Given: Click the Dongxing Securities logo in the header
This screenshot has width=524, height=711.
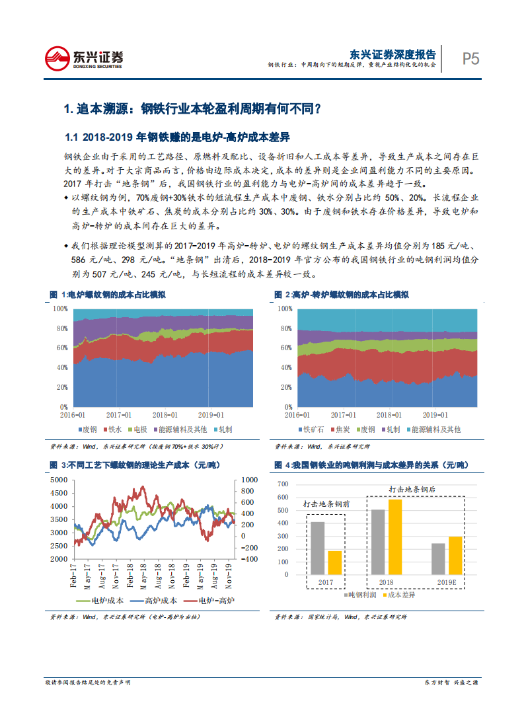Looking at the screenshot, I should pyautogui.click(x=84, y=59).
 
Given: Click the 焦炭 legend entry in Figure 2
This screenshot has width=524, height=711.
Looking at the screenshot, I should pyautogui.click(x=343, y=430).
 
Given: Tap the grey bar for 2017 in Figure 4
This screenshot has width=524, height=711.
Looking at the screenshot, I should pyautogui.click(x=317, y=548).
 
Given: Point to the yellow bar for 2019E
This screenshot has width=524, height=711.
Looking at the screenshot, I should pyautogui.click(x=455, y=554).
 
